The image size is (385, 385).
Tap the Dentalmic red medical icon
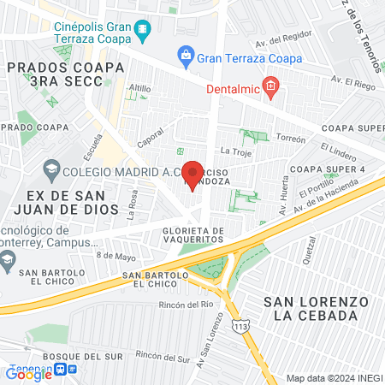(270, 85)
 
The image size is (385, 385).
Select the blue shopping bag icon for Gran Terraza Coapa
(185, 56)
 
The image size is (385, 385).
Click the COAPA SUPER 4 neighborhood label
(329, 169)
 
